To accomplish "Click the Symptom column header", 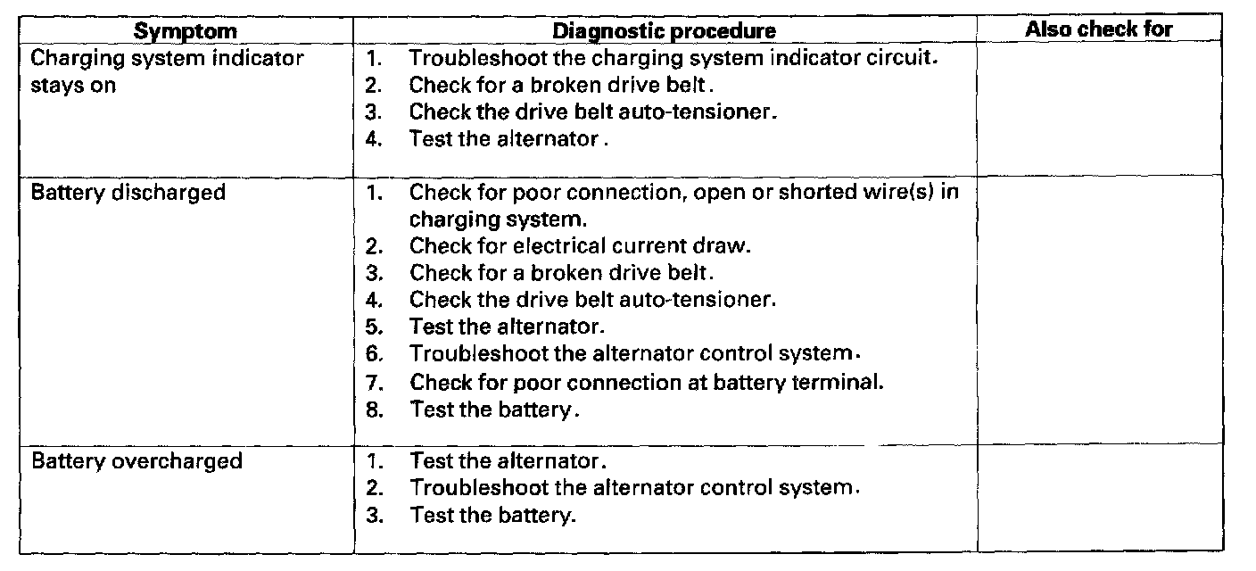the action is [x=186, y=30].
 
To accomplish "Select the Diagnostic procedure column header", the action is [x=664, y=30].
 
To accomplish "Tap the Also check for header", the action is [x=1098, y=29].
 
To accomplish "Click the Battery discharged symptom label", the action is [x=128, y=192].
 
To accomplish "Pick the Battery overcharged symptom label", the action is [x=136, y=461].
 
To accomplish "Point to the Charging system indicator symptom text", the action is [x=167, y=60].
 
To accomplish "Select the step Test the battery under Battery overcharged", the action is [x=492, y=516].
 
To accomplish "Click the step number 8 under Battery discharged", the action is [x=374, y=410].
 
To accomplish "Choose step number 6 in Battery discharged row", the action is [x=374, y=354].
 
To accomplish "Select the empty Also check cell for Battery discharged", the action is [x=1099, y=308].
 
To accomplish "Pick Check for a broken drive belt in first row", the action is [x=562, y=87].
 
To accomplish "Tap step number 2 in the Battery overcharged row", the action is [x=374, y=489].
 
